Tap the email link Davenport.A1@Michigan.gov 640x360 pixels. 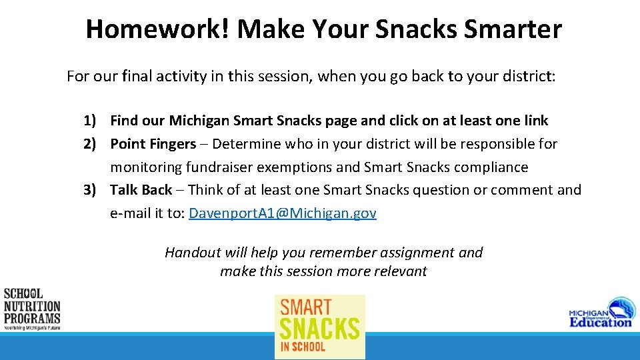[x=283, y=213]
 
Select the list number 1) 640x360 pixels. [x=92, y=121]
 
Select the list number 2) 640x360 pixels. [x=92, y=144]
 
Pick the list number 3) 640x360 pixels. [x=92, y=190]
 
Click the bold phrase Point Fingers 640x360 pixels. [x=153, y=144]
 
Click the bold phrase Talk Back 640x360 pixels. [x=141, y=190]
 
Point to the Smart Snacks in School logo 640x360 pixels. [x=320, y=327]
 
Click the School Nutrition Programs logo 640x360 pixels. [x=32, y=309]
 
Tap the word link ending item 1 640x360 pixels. [x=535, y=121]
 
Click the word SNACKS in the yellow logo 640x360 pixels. [x=319, y=329]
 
